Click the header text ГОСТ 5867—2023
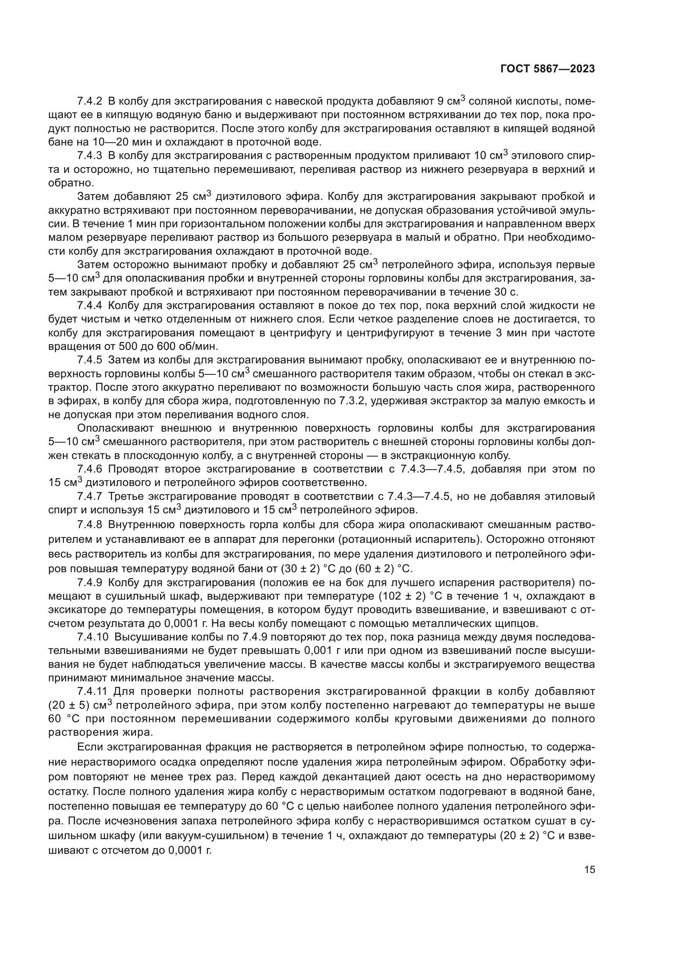tap(547, 69)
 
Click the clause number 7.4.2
tap(90, 101)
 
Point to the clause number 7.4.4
tap(90, 306)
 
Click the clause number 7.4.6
tap(90, 469)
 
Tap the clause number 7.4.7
tap(90, 496)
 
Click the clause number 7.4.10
tap(92, 637)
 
